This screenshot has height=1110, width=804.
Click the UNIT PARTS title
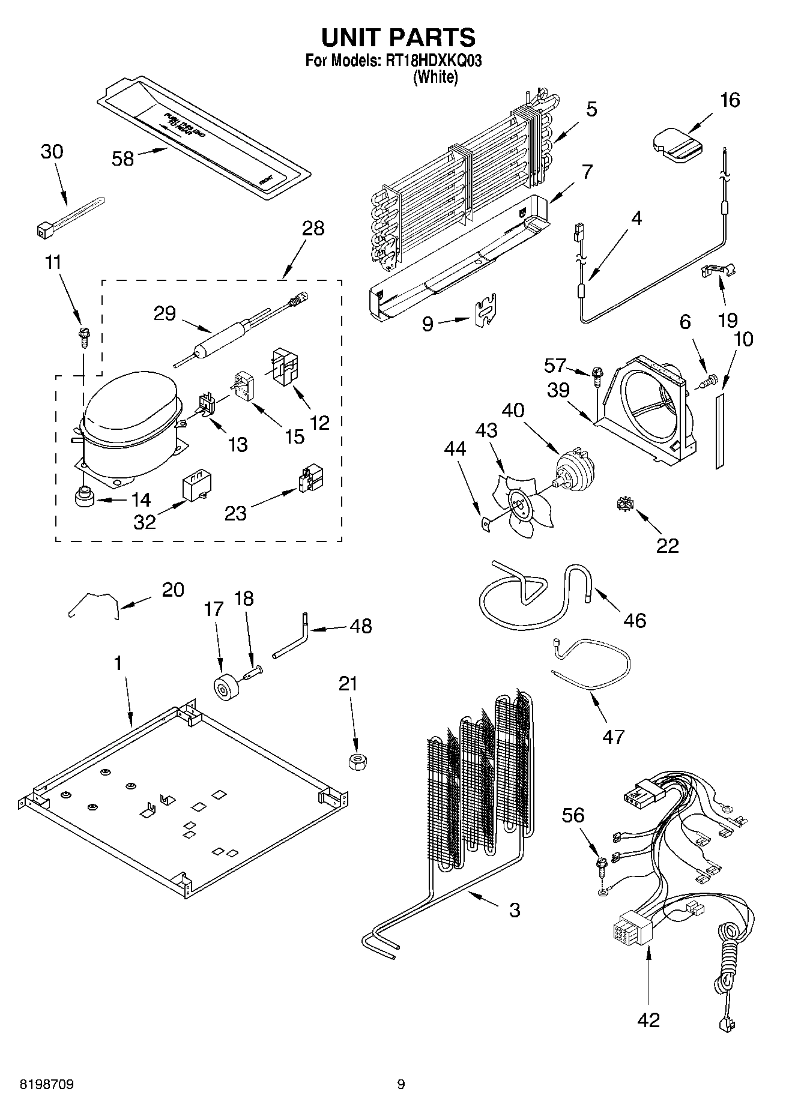(x=398, y=38)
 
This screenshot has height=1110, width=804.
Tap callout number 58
(x=122, y=159)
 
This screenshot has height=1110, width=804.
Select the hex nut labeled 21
(x=357, y=762)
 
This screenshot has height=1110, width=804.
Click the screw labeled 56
(x=600, y=866)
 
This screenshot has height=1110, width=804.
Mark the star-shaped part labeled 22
(x=624, y=506)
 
